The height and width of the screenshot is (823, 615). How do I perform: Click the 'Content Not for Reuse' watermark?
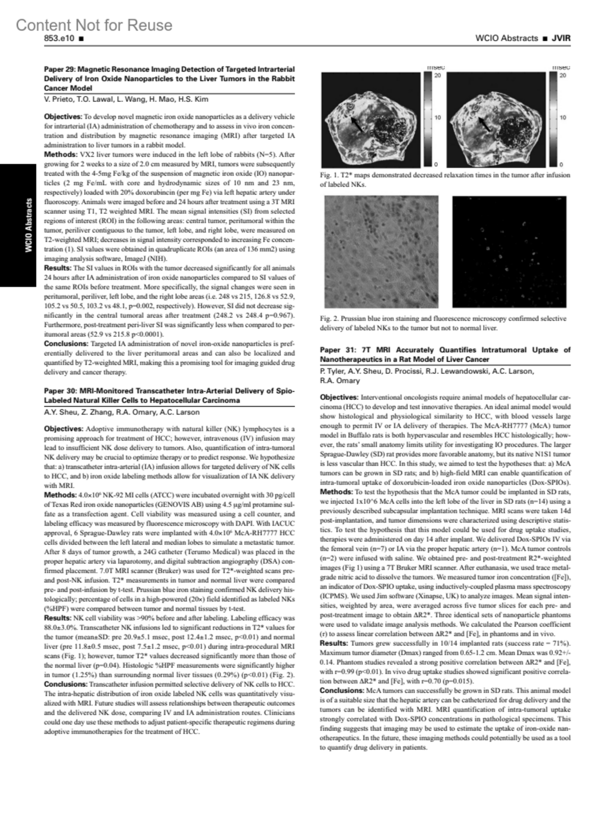click(94, 25)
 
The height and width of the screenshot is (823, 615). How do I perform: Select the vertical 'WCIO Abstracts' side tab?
click(29, 225)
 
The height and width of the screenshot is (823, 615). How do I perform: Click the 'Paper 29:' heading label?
click(60, 69)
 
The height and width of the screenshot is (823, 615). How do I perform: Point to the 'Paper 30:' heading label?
click(60, 391)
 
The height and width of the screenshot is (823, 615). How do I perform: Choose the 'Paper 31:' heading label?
click(336, 350)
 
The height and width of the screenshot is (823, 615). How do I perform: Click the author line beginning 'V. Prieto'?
click(126, 99)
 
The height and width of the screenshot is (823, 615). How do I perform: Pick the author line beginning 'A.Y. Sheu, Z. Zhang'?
click(122, 412)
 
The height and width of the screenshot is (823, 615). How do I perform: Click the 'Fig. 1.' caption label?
click(329, 175)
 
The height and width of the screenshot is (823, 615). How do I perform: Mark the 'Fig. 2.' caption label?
click(329, 319)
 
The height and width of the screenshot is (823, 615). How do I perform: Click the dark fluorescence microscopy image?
click(511, 252)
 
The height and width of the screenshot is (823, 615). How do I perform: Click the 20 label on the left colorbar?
click(438, 76)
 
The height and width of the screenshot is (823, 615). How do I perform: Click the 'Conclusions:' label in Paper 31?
click(341, 691)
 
